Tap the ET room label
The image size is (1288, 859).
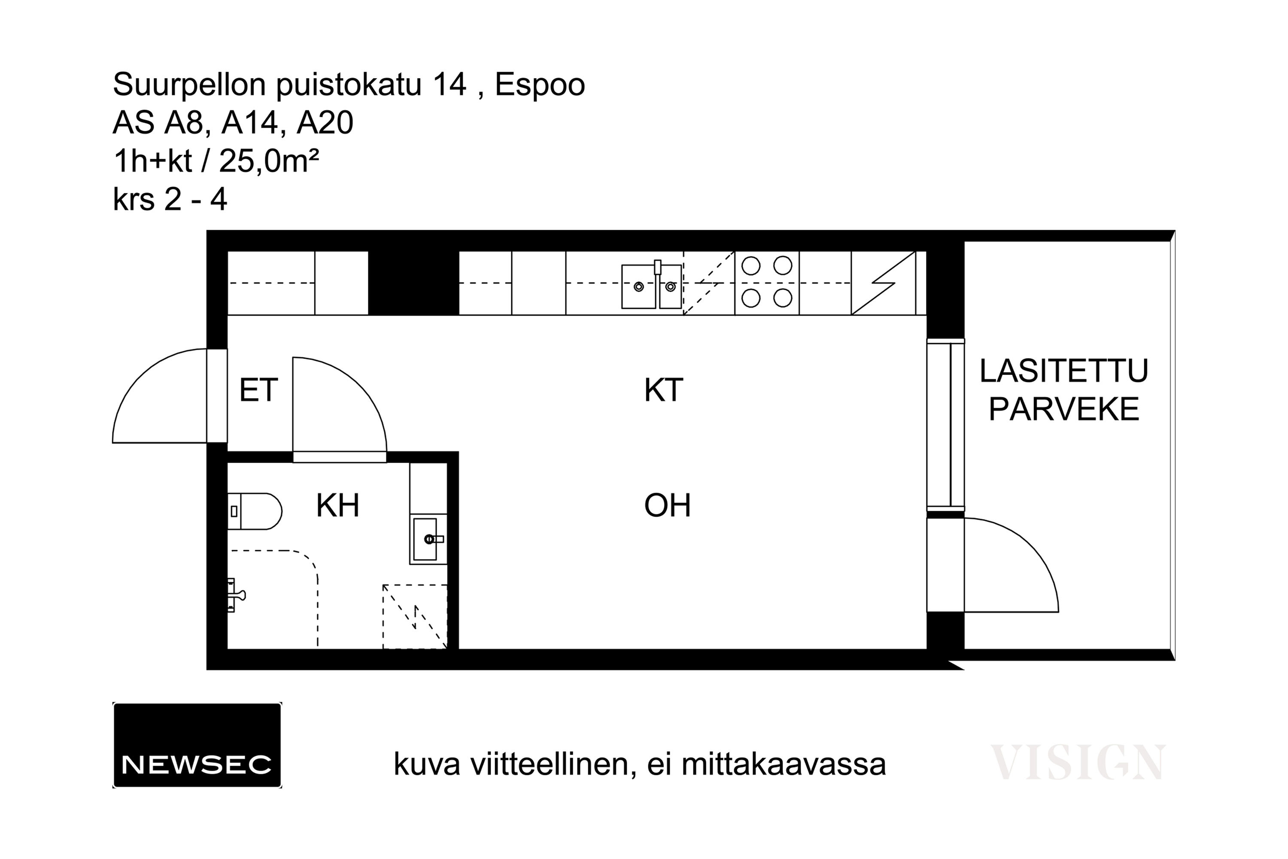click(x=258, y=390)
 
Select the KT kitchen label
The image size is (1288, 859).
click(x=663, y=390)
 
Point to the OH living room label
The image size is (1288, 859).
click(x=667, y=505)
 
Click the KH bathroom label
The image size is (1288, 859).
click(x=337, y=505)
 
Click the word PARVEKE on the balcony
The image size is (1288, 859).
click(x=1063, y=409)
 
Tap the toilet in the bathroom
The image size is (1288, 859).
click(x=255, y=511)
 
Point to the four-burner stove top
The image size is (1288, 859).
click(x=767, y=283)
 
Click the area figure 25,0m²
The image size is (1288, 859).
click(x=269, y=161)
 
